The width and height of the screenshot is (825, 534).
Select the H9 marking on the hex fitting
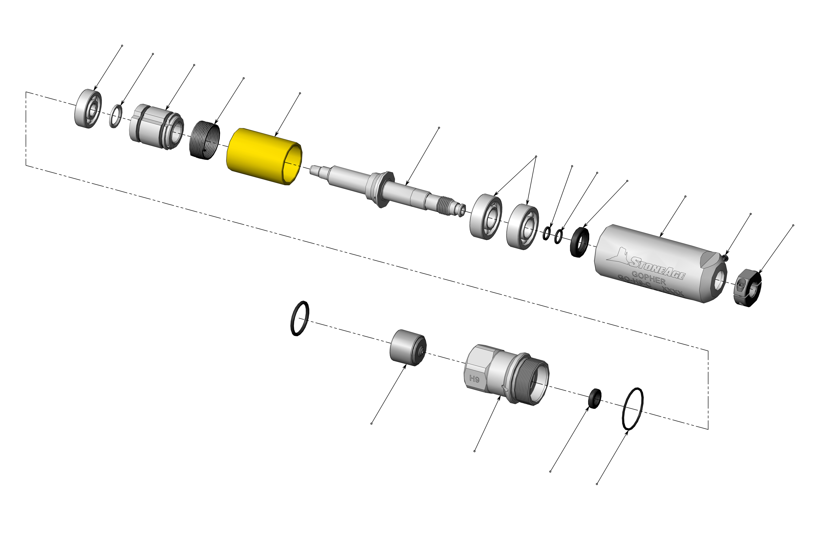474,379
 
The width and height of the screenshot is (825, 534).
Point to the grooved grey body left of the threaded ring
156,127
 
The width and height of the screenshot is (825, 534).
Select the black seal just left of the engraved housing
580,242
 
